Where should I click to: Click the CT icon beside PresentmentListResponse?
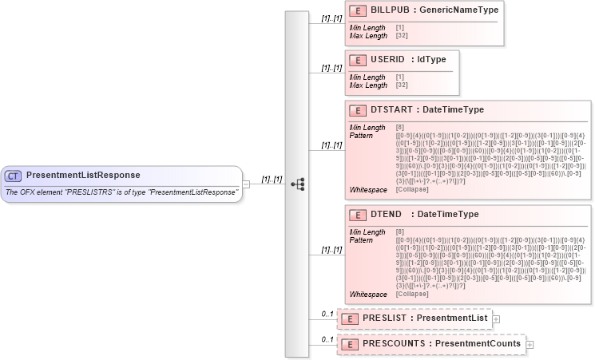click(x=14, y=176)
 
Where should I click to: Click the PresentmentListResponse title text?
click(x=83, y=175)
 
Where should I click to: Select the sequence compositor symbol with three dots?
click(x=297, y=184)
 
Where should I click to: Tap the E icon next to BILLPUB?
click(x=359, y=10)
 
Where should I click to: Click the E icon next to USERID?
click(x=359, y=59)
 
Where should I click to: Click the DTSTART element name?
click(x=393, y=110)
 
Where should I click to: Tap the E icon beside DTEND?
click(x=359, y=215)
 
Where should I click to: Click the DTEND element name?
click(x=387, y=215)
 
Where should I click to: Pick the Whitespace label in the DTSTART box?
click(x=367, y=188)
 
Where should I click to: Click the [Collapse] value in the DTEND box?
click(x=412, y=294)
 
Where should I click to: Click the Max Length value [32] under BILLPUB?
click(x=401, y=36)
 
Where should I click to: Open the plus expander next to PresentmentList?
click(x=496, y=318)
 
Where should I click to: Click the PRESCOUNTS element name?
click(x=391, y=344)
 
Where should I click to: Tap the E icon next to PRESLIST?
click(x=349, y=318)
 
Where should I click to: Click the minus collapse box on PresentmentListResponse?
click(x=246, y=184)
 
